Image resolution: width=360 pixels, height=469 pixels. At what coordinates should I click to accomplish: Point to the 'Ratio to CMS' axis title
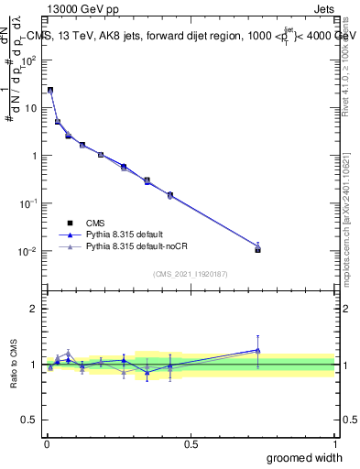[x=16, y=364]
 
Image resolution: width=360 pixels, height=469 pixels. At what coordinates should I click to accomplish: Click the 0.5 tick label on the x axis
[x=191, y=443]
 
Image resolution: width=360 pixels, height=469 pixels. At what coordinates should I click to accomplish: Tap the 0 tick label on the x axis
[x=47, y=443]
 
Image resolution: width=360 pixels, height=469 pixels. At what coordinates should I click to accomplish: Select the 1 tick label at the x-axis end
[x=334, y=443]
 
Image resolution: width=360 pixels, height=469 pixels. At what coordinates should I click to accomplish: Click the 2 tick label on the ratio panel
[x=33, y=309]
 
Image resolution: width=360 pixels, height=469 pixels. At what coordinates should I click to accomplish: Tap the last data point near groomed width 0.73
[x=257, y=248]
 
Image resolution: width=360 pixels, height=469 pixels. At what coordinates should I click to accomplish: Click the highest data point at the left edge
[x=50, y=90]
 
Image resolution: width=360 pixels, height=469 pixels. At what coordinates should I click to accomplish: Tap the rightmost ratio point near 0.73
[x=257, y=349]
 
